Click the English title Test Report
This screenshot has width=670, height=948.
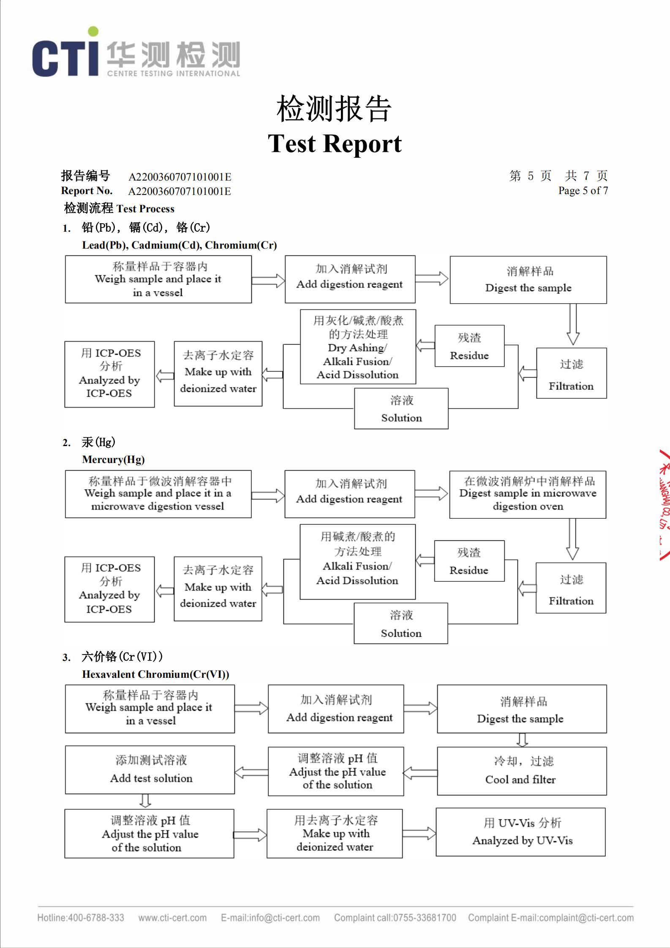(x=335, y=144)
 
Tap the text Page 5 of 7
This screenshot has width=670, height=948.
(x=583, y=191)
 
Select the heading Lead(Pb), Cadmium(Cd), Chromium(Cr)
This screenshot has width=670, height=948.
(x=179, y=245)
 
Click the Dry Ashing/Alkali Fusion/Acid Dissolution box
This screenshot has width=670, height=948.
(x=358, y=347)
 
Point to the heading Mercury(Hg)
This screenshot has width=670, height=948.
(x=113, y=460)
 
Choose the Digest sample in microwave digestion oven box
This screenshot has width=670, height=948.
(x=528, y=494)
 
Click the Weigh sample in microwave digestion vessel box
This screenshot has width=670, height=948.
(x=158, y=494)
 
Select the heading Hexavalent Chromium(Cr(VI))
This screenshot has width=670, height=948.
(x=155, y=674)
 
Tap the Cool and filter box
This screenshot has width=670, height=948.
(x=522, y=771)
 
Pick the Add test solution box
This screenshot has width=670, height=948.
(x=150, y=770)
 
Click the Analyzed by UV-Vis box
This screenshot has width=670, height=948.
(x=520, y=832)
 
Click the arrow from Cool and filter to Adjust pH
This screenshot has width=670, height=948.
(x=420, y=773)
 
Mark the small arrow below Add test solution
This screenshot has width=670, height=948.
(x=145, y=800)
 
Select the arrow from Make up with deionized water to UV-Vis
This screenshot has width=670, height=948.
(x=419, y=833)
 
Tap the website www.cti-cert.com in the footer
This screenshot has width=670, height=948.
(x=172, y=918)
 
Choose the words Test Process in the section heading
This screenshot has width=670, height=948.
(x=145, y=209)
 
